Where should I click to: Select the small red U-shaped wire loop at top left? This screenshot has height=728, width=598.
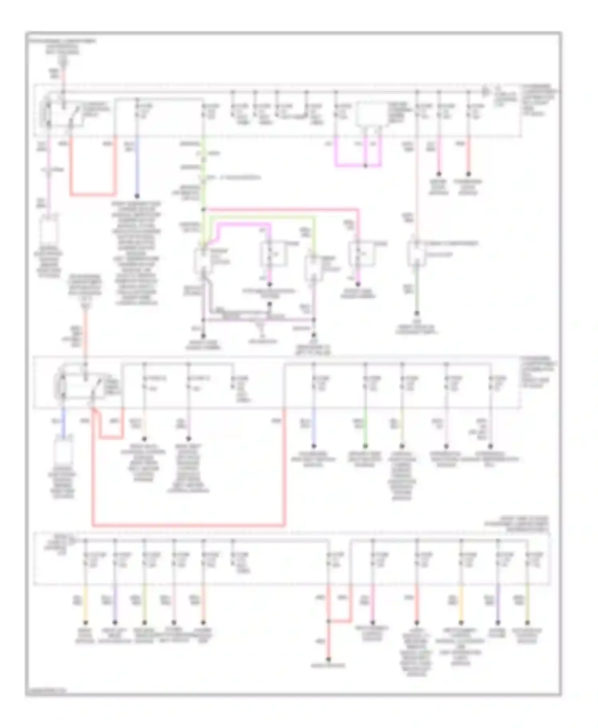[x=93, y=195]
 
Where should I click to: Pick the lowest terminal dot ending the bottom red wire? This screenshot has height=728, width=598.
[x=329, y=659]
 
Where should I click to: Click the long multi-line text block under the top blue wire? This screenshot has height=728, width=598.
[x=137, y=253]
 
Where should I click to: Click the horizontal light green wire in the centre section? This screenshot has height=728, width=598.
[x=259, y=217]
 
